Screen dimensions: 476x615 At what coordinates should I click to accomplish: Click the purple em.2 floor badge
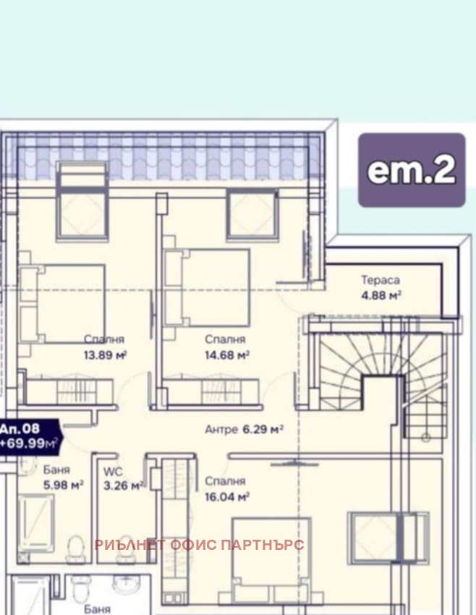(412, 170)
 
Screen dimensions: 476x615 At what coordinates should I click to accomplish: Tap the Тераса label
(381, 280)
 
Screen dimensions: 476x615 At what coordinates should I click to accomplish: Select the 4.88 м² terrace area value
(381, 295)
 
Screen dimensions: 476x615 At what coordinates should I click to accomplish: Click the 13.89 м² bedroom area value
(105, 355)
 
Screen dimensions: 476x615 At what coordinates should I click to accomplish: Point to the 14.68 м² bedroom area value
(227, 355)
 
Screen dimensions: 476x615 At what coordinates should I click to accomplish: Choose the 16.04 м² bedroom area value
(227, 497)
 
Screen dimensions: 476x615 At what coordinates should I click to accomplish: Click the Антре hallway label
(221, 430)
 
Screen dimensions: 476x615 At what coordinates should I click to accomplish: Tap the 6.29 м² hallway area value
(263, 429)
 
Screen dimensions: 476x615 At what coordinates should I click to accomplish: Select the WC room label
(113, 472)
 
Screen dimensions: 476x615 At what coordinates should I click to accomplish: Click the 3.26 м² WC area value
(123, 485)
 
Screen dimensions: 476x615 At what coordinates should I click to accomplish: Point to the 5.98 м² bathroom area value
(63, 485)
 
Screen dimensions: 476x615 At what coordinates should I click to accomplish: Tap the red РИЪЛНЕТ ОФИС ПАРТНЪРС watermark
(199, 544)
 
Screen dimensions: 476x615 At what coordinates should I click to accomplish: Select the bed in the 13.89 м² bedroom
(62, 304)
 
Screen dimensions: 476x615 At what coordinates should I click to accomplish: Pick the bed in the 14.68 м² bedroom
(207, 288)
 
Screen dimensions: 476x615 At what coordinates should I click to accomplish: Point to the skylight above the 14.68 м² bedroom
(252, 215)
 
